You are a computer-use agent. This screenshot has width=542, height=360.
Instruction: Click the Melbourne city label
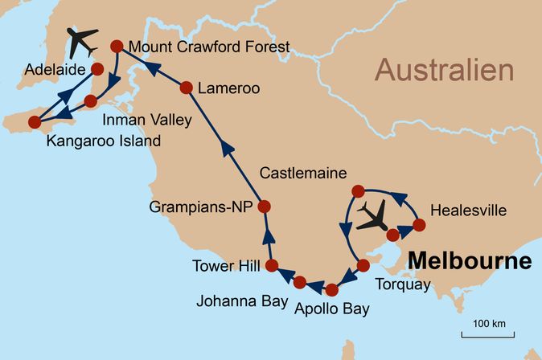pyautogui.click(x=470, y=261)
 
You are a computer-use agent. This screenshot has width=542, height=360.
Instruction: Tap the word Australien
pyautogui.click(x=444, y=71)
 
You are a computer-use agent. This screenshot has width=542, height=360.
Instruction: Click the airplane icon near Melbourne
pyautogui.click(x=373, y=215)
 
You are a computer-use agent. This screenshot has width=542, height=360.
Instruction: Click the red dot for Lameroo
pyautogui.click(x=187, y=88)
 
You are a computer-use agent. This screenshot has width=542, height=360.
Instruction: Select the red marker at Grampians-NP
pyautogui.click(x=264, y=207)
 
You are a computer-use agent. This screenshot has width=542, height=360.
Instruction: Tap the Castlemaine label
pyautogui.click(x=303, y=173)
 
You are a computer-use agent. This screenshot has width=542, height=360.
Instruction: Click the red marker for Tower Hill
pyautogui.click(x=272, y=265)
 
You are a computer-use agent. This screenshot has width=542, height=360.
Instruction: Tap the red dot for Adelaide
pyautogui.click(x=97, y=69)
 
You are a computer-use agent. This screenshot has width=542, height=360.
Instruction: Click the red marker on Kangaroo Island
pyautogui.click(x=34, y=122)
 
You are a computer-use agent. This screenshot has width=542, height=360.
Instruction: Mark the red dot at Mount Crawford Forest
pyautogui.click(x=116, y=47)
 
